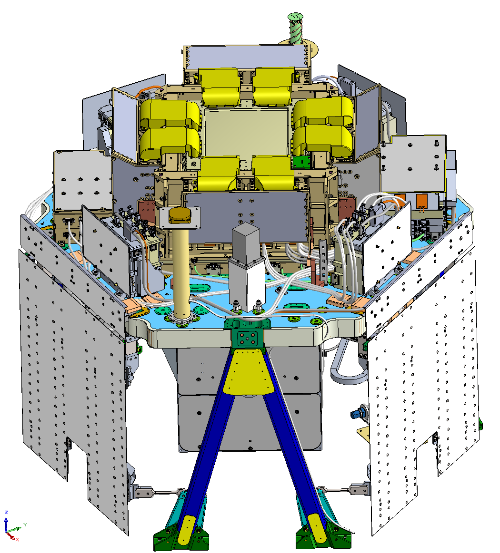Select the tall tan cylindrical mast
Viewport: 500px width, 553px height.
(x=181, y=271)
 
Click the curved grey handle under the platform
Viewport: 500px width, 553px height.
(x=348, y=366)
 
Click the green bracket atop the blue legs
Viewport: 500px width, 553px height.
(x=248, y=333)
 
